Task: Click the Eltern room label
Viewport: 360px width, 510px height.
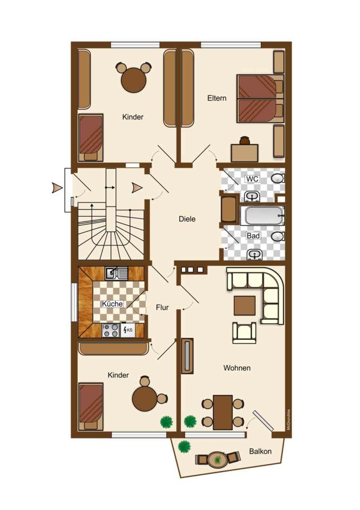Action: click(217, 98)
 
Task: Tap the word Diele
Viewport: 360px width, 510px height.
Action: click(187, 219)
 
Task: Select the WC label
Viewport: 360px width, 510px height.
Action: click(252, 179)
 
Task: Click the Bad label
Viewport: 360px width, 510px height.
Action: click(253, 236)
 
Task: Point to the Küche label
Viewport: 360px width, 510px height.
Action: click(112, 304)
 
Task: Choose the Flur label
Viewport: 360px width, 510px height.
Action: click(162, 307)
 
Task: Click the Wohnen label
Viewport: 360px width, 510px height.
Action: click(237, 368)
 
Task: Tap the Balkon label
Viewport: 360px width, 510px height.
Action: click(260, 451)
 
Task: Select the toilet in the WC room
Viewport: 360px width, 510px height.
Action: click(278, 178)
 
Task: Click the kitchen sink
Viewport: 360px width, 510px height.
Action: click(117, 273)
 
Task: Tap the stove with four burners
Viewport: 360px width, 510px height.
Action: click(110, 330)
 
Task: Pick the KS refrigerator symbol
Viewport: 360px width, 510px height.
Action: click(128, 330)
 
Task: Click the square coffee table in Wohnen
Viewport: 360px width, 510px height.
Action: click(245, 306)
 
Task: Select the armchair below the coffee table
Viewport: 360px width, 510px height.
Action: click(244, 332)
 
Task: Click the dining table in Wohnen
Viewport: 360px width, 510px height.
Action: click(223, 412)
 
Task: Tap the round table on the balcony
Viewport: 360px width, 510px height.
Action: click(217, 459)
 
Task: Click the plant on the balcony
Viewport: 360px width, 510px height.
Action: click(184, 446)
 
